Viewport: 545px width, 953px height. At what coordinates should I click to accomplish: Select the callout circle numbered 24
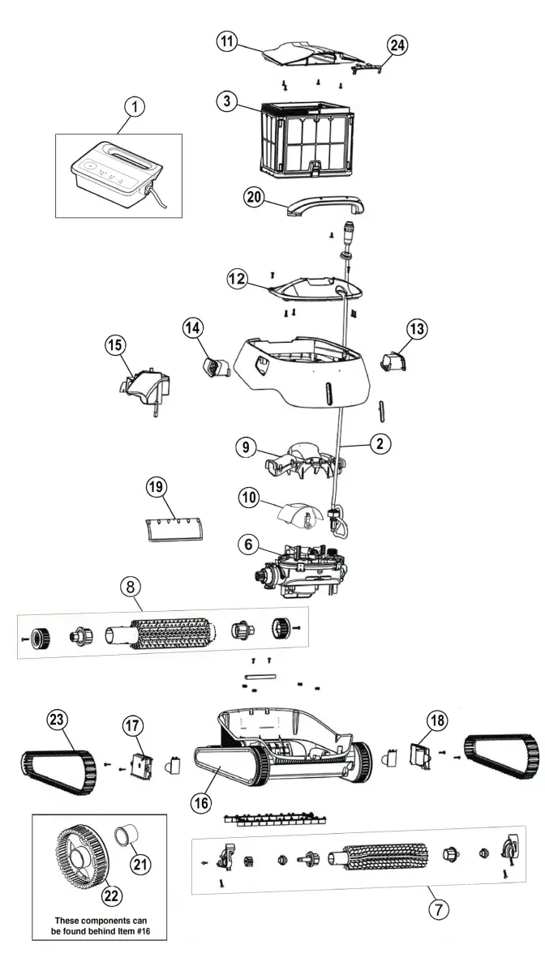(x=397, y=45)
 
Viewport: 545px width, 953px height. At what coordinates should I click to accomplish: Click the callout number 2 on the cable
(x=379, y=443)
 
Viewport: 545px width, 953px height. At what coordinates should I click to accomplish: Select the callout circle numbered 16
(x=200, y=802)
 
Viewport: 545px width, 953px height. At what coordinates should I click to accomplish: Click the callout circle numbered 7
(x=437, y=908)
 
